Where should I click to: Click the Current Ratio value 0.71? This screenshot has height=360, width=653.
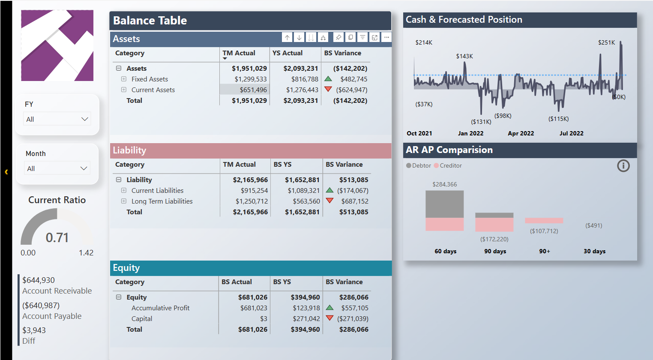coord(57,237)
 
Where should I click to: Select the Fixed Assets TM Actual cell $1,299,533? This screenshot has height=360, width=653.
coord(250,79)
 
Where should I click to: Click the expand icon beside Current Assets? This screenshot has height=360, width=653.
coord(124,90)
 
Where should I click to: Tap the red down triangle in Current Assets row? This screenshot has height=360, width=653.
coord(328,90)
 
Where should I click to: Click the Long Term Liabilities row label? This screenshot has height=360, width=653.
coord(162,201)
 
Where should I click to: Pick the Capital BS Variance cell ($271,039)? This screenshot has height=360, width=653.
coord(353,319)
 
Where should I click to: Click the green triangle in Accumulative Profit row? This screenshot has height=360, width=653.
coord(329,308)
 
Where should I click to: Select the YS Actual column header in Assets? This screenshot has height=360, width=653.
coord(288,53)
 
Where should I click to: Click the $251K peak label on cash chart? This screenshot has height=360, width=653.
coord(606,42)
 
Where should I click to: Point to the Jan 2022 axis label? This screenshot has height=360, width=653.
coord(470,133)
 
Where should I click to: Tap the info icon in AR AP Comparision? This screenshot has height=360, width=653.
coord(623,165)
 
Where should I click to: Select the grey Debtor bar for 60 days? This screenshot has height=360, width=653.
coord(444,204)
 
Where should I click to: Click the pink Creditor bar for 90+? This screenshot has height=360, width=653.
coord(544,221)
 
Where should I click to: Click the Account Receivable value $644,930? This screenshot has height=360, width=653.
coord(39,280)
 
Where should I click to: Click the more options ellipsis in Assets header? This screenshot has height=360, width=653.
coord(386,38)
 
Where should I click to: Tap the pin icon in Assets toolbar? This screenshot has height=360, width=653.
coord(338,38)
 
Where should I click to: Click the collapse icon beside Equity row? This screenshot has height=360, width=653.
coord(119,297)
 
